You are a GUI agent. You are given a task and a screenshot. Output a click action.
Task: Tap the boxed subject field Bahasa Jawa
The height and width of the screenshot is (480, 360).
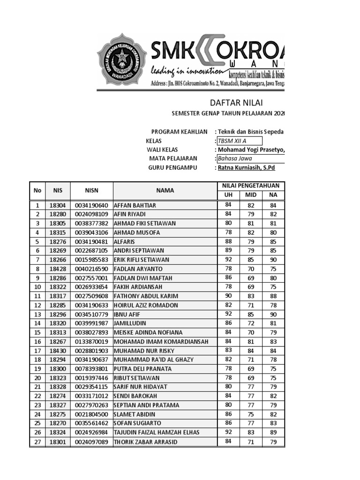click(x=250, y=159)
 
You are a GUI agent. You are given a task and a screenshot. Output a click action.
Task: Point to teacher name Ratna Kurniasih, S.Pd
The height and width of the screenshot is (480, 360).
click(x=245, y=168)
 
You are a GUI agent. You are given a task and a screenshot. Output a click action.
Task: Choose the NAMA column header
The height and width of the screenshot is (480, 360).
click(x=165, y=190)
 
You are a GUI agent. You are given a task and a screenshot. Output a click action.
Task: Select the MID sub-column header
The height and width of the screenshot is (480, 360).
click(x=251, y=195)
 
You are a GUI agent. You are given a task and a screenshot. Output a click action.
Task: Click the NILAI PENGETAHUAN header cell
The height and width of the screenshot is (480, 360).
click(x=251, y=186)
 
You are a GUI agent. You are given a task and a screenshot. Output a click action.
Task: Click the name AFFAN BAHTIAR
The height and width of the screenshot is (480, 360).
click(x=135, y=205)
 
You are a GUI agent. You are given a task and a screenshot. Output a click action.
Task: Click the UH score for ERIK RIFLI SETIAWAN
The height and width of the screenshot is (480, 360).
click(x=228, y=259)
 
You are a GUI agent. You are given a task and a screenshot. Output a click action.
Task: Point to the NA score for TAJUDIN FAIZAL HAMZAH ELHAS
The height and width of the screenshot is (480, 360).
click(x=273, y=433)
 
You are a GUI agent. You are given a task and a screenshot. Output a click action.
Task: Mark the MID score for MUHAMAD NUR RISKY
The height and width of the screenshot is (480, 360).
click(x=251, y=351)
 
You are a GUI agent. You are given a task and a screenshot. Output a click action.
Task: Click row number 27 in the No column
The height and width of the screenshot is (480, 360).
click(x=37, y=442)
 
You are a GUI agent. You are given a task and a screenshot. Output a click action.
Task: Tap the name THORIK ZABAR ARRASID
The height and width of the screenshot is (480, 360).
click(x=146, y=442)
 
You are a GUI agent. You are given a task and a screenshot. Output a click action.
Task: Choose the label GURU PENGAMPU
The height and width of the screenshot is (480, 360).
click(x=172, y=168)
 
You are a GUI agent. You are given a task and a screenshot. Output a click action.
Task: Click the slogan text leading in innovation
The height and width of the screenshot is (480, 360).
click(x=186, y=72)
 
